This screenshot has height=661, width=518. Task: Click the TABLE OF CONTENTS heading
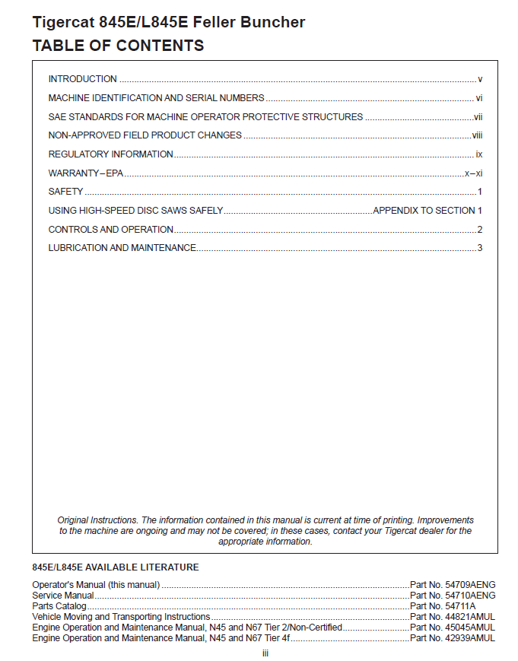118,46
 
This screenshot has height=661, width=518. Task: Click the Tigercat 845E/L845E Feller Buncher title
168,22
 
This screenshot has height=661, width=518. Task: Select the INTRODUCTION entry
82,79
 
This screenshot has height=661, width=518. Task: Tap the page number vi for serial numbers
479,98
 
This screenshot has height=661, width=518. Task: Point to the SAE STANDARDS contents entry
205,117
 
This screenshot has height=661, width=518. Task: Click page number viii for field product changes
478,135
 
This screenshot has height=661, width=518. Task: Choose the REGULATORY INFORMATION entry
110,154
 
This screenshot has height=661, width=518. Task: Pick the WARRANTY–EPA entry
85,173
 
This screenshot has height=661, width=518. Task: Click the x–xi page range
474,173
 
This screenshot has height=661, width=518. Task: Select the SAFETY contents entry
65,192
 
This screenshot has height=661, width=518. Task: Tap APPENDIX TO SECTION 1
427,211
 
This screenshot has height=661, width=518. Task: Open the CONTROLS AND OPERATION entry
110,230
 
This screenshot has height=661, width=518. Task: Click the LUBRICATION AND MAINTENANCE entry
122,248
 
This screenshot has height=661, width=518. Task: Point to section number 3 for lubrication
480,248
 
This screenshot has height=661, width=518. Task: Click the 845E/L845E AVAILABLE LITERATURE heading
116,567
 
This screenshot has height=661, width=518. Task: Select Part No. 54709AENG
453,585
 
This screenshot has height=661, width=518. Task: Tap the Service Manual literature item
63,596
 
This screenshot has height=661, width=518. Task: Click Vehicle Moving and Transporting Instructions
121,617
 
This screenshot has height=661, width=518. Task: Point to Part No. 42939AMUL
453,638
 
